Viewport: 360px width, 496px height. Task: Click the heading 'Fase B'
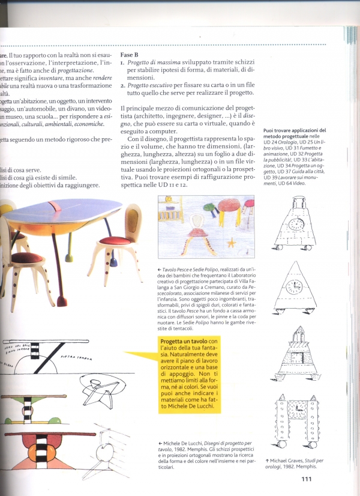click(130, 54)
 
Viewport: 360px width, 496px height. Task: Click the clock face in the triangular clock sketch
click(295, 285)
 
